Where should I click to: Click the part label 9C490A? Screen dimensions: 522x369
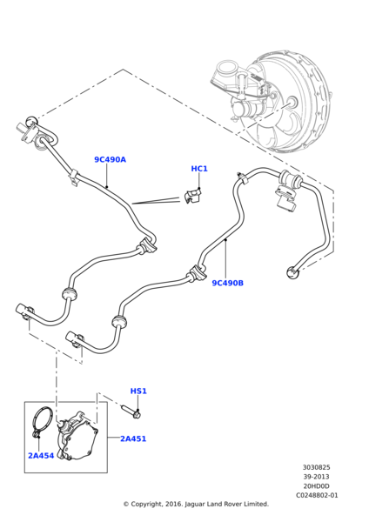tap(110, 159)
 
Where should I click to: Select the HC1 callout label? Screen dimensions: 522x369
tap(199, 168)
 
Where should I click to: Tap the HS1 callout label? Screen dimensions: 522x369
tap(138, 391)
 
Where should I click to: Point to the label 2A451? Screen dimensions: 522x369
tap(132, 438)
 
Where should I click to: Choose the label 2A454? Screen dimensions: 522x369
tap(40, 455)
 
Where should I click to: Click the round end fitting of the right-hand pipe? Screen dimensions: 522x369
tap(292, 273)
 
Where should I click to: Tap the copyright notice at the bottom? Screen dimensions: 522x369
tap(196, 504)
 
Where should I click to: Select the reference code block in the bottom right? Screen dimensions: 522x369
tap(317, 481)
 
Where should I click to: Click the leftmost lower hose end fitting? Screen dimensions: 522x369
tap(23, 310)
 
